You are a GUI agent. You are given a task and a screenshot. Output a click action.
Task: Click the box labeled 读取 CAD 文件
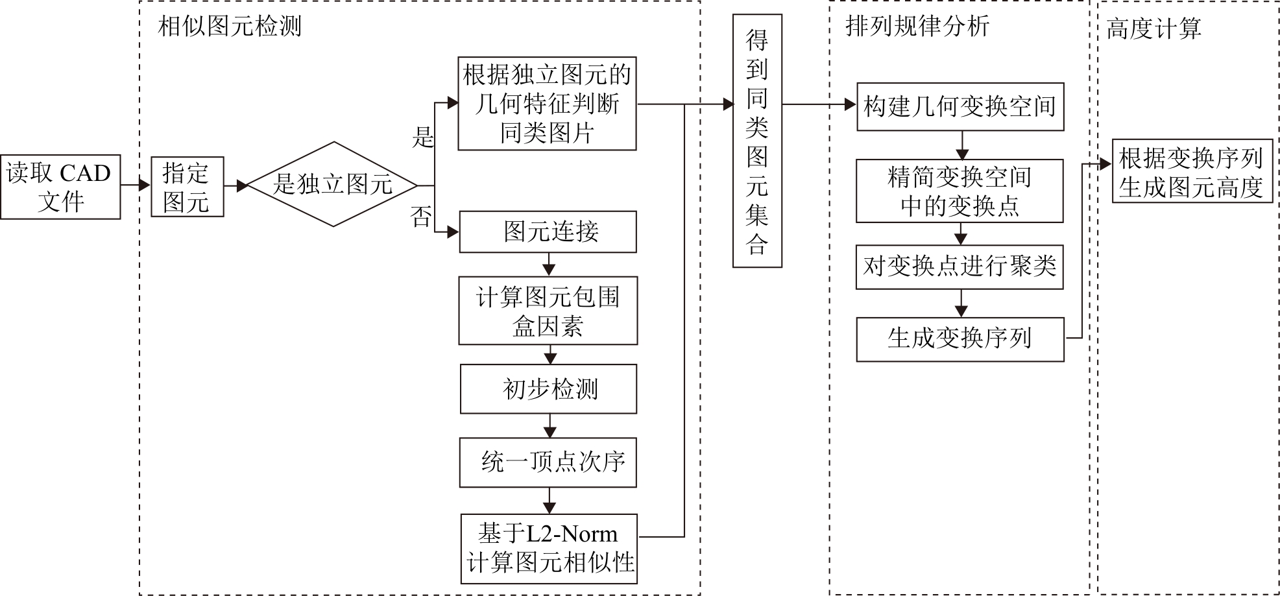click(x=60, y=187)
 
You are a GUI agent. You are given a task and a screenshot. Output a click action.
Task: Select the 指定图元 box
click(x=187, y=187)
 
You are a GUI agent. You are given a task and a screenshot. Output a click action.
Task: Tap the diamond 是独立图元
click(x=333, y=184)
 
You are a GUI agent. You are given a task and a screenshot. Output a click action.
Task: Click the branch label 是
click(x=423, y=137)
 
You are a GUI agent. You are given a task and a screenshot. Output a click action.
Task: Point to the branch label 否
click(x=421, y=217)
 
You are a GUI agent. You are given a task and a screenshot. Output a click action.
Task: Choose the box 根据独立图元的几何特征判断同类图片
click(x=547, y=104)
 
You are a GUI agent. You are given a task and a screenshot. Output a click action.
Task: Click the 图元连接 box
click(x=548, y=232)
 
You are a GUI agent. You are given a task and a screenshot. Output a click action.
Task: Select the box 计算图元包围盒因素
click(x=548, y=311)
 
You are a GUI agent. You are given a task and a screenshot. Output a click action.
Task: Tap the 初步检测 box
click(x=549, y=389)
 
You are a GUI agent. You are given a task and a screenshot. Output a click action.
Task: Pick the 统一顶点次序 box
click(x=548, y=462)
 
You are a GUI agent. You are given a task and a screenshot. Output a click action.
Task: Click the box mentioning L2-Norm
click(x=549, y=549)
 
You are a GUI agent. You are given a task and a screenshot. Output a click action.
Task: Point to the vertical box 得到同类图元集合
click(x=757, y=141)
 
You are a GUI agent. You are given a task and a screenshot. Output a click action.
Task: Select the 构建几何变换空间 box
click(x=960, y=106)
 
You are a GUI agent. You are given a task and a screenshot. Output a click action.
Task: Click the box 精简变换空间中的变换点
click(x=960, y=191)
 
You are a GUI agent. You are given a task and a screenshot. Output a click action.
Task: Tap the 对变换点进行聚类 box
click(x=960, y=267)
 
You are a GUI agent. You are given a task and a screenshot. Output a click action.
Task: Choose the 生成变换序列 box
click(x=960, y=339)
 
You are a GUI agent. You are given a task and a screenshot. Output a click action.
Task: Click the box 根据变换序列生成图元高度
click(x=1192, y=171)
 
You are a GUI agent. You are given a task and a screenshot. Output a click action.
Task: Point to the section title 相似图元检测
click(x=230, y=27)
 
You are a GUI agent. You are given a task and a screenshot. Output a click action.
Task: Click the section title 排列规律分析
click(x=917, y=27)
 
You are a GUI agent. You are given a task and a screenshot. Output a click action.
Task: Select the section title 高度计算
click(x=1153, y=29)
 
